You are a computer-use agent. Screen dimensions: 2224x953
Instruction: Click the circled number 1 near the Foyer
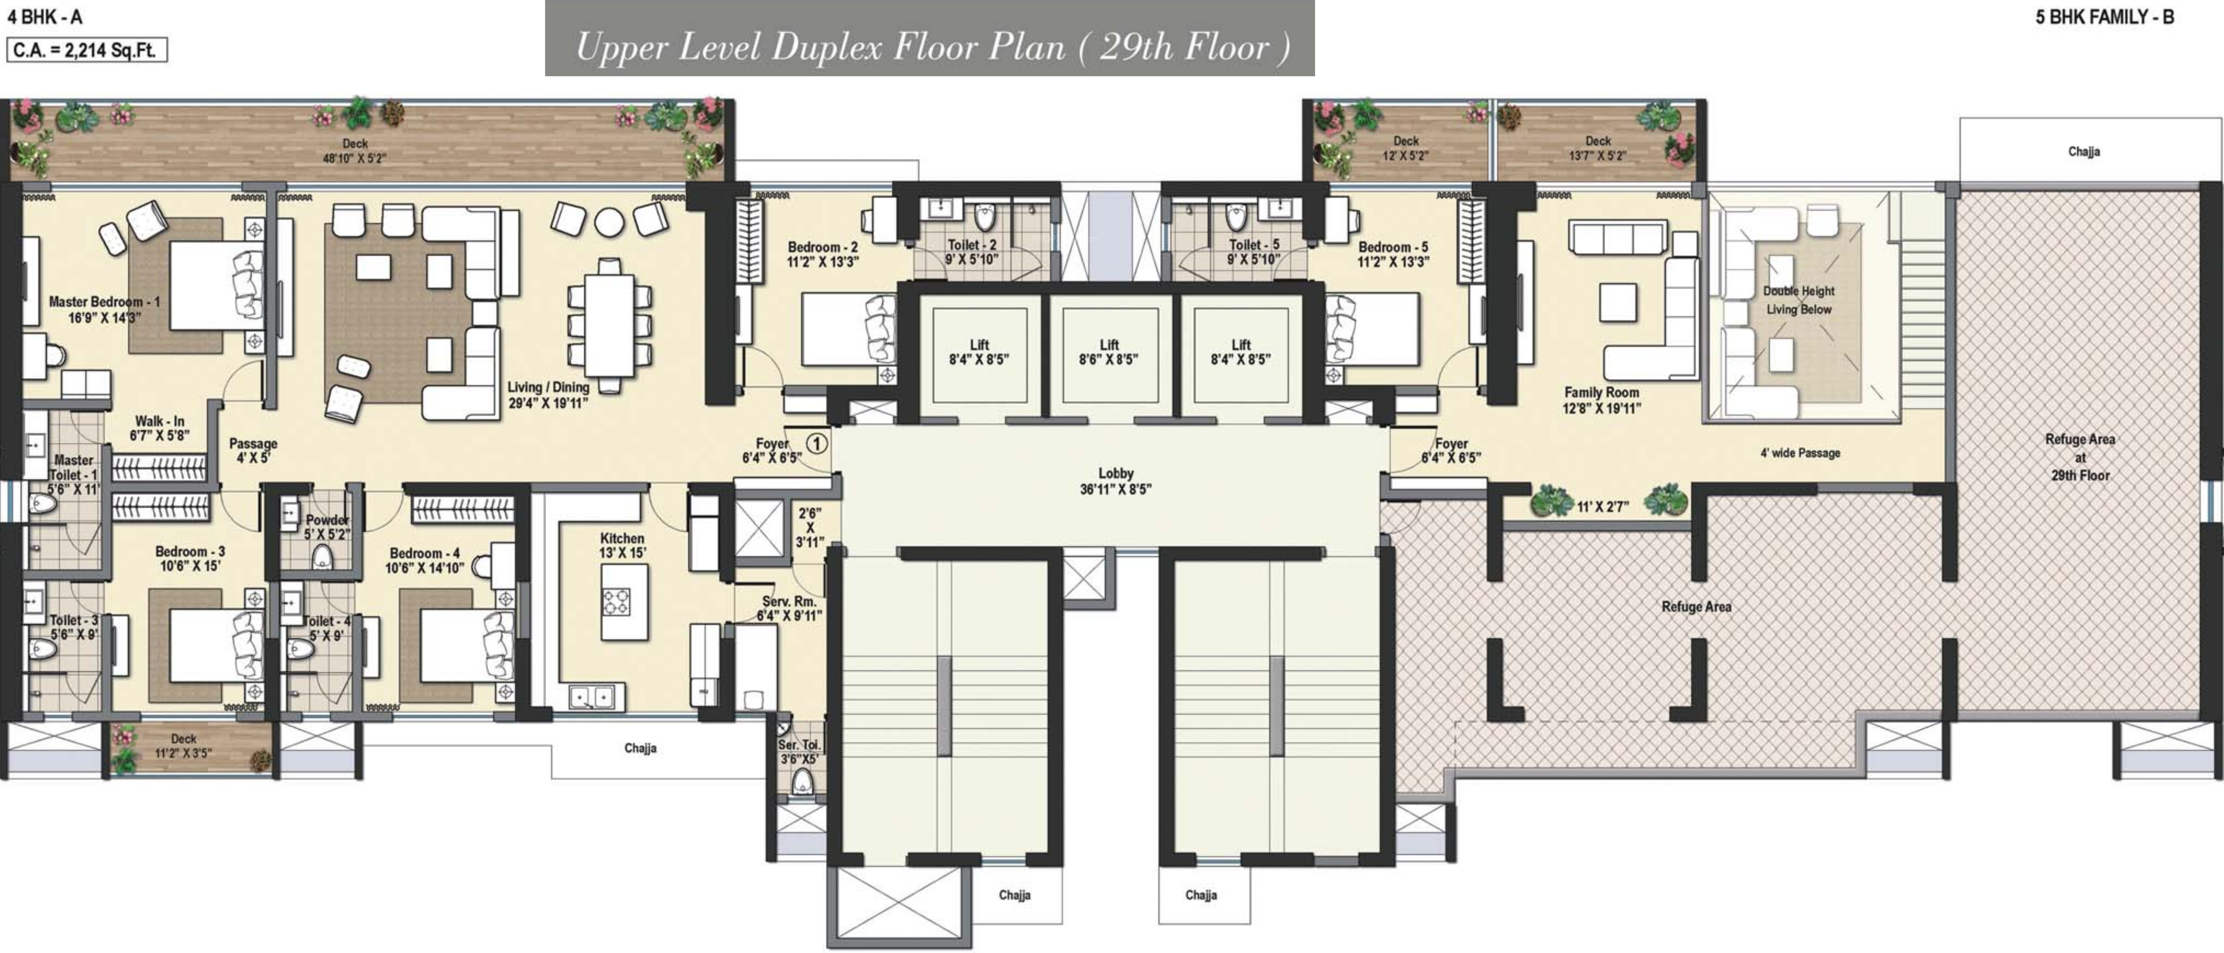tap(816, 444)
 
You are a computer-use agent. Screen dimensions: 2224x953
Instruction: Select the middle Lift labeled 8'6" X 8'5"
tap(1109, 352)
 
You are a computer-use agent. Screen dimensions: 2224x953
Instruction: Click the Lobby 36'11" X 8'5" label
tap(1115, 481)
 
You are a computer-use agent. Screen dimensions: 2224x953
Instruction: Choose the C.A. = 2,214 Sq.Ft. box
tap(86, 50)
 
